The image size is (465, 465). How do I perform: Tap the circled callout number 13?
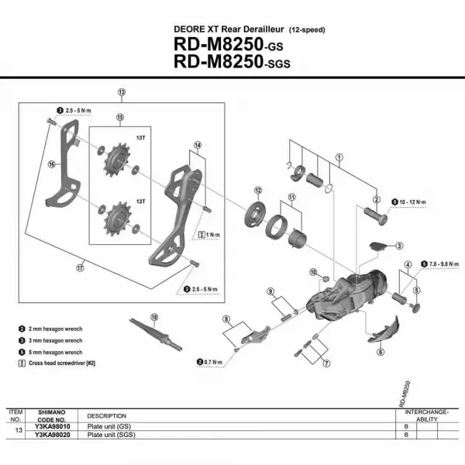click(x=122, y=92)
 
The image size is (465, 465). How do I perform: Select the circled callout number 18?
click(x=154, y=316)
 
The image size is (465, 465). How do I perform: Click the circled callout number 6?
click(x=381, y=351)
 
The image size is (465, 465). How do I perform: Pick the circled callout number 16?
click(x=52, y=164)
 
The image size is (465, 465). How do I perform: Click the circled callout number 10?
click(x=314, y=272)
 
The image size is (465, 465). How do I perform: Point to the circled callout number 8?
click(x=226, y=319)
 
